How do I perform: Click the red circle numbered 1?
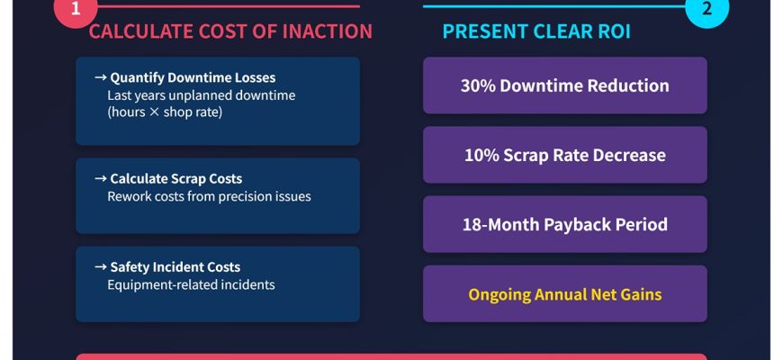point(76,8)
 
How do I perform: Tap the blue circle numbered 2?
point(706,8)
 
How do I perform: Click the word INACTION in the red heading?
point(327,31)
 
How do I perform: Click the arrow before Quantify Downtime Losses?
point(101,77)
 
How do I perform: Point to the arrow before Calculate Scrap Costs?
point(101,178)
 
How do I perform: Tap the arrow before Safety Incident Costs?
point(101,266)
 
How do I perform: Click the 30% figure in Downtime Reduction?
point(478,85)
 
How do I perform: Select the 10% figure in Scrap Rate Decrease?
point(481,155)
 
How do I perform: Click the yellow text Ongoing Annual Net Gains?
point(565,294)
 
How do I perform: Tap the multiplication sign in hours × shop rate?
point(154,112)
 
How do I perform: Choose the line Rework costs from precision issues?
point(209,196)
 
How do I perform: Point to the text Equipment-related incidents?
point(192,284)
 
